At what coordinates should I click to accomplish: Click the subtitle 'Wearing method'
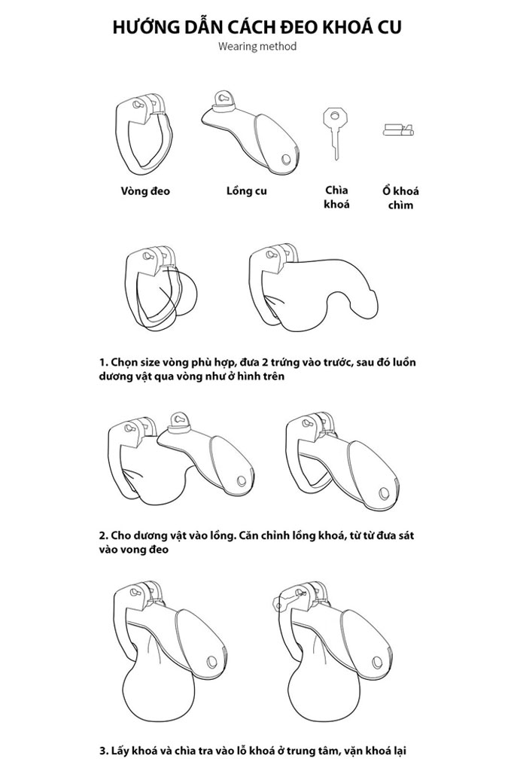click(x=257, y=47)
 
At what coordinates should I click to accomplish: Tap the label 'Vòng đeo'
click(x=145, y=190)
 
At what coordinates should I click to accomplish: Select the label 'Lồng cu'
click(x=247, y=190)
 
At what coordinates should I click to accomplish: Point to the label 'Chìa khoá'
click(x=336, y=197)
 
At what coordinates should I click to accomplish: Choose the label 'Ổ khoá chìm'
click(x=400, y=198)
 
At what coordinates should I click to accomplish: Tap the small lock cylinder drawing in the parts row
click(x=399, y=130)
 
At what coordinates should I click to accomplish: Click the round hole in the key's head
click(x=333, y=116)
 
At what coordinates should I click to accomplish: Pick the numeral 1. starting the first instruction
click(x=103, y=363)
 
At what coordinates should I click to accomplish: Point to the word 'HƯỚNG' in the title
click(x=143, y=26)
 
